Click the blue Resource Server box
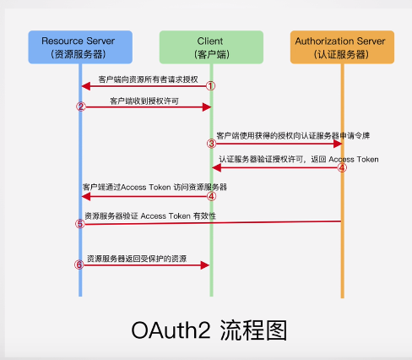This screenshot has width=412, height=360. [x=80, y=48]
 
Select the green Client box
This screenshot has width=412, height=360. [x=211, y=48]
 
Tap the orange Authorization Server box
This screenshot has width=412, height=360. [x=341, y=48]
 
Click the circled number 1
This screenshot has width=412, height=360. [x=211, y=86]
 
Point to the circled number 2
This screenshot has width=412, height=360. [x=81, y=107]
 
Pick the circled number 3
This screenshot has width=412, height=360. [x=212, y=145]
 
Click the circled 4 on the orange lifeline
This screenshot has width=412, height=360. [x=342, y=167]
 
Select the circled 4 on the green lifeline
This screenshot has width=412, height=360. [x=212, y=196]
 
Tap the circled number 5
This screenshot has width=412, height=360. [x=80, y=224]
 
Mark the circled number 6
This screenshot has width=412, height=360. [x=80, y=265]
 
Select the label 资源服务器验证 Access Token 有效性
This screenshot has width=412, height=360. [x=150, y=216]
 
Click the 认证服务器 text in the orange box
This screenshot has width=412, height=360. [x=341, y=56]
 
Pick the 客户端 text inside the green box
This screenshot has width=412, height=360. [x=211, y=56]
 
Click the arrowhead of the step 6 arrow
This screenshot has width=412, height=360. [x=204, y=265]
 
